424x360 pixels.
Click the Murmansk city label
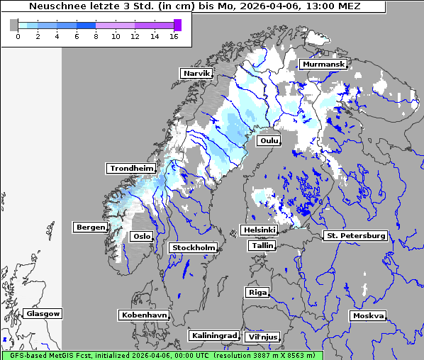(323, 64)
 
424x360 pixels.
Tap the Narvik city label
(196, 73)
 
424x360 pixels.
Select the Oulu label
(269, 141)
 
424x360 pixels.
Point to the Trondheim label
(131, 168)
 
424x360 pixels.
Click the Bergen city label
(90, 227)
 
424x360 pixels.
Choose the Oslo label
(143, 236)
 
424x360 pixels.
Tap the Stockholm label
(193, 247)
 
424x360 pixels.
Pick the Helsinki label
(259, 230)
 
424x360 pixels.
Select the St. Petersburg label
(355, 235)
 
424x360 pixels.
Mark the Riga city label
(257, 292)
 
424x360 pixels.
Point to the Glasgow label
(43, 313)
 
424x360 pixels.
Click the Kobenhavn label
(144, 315)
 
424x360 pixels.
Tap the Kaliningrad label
(213, 335)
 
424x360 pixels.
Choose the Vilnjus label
(262, 337)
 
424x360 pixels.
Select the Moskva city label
(368, 316)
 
